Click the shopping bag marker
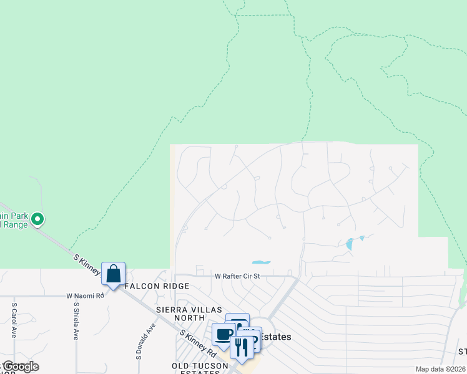[x=113, y=274]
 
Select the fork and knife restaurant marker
[x=242, y=347]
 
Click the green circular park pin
[x=37, y=219]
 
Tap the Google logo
[x=21, y=367]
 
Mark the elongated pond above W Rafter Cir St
[x=262, y=262]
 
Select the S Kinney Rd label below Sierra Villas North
[x=198, y=343]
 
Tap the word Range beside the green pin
[x=15, y=224]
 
